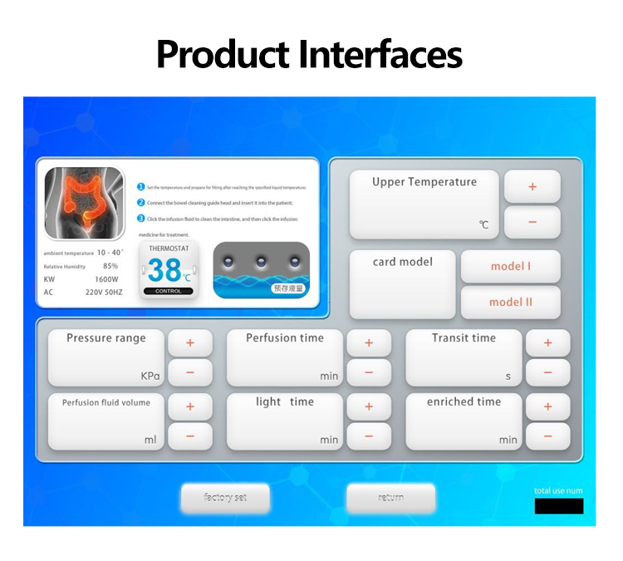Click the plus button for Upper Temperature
[532, 187]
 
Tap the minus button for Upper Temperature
[532, 222]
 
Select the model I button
[510, 267]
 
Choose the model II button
[510, 303]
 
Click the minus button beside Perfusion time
[369, 372]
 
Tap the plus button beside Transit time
[547, 342]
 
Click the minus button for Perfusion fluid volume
[189, 436]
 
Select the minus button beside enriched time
[547, 436]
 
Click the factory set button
[225, 498]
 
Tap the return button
[390, 498]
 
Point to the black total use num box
[558, 506]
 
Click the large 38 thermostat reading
[164, 270]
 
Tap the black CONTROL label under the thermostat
[169, 291]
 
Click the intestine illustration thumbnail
[83, 204]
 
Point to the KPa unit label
[150, 376]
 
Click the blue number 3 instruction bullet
[141, 219]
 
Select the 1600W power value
[106, 280]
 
